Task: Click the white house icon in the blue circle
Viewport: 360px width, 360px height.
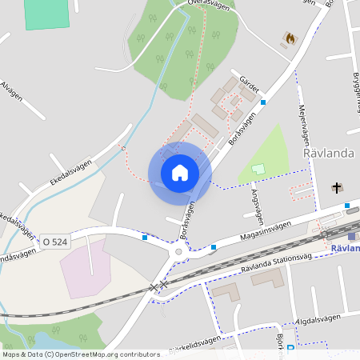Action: [179, 172]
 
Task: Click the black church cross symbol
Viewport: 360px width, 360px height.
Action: [337, 188]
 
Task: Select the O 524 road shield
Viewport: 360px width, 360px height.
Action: [56, 241]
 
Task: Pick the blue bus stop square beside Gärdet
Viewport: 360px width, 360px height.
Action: [262, 102]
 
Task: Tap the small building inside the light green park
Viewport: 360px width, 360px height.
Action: [258, 169]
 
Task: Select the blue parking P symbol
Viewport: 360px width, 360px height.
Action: [290, 349]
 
